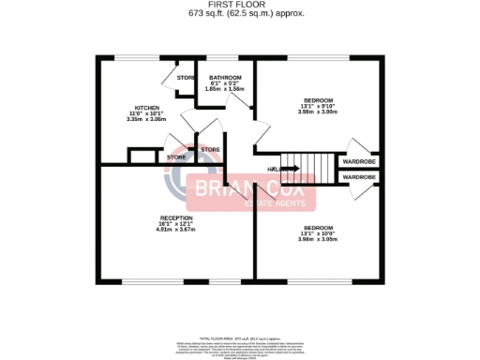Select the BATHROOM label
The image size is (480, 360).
(225, 78)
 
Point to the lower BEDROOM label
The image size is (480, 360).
(317, 227)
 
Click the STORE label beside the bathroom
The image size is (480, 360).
(187, 78)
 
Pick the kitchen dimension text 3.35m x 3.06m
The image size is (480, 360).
(145, 120)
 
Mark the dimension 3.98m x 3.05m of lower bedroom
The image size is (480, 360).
(317, 239)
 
